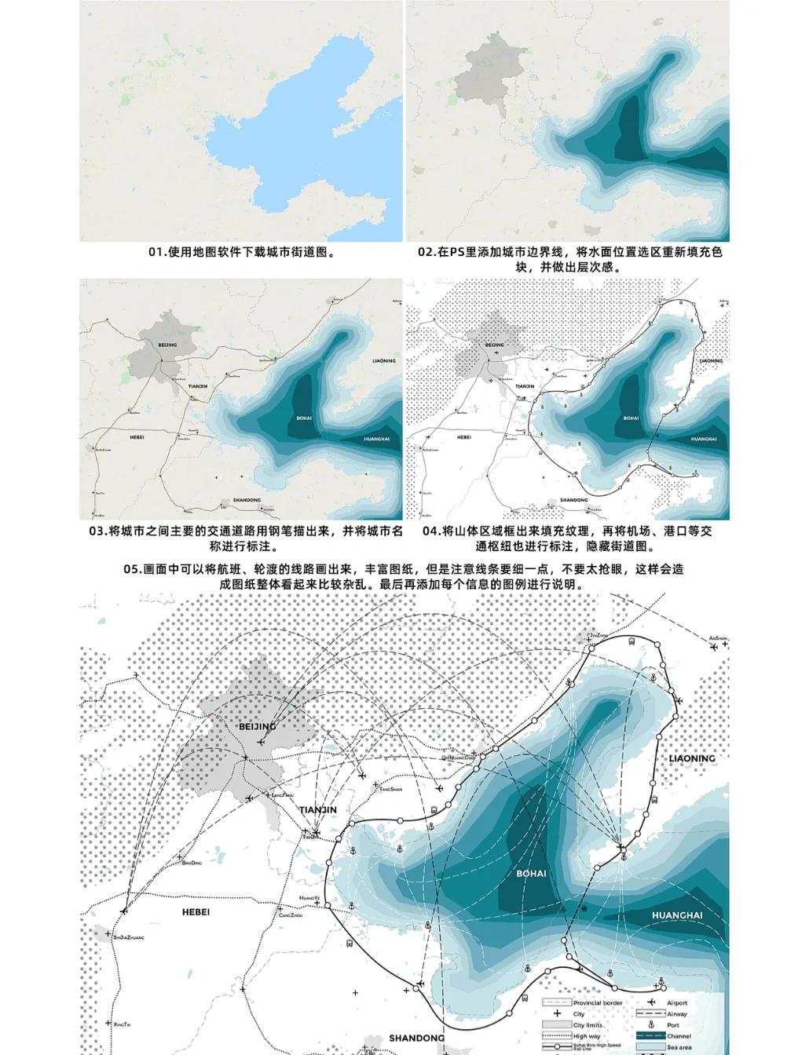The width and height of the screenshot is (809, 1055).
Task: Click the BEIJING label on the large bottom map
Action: [257, 726]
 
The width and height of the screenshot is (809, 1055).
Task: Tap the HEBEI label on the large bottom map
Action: [197, 911]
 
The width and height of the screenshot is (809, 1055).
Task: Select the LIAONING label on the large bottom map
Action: [692, 758]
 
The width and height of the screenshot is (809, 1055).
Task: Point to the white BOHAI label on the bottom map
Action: [531, 873]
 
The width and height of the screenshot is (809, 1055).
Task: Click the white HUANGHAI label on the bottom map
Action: [676, 915]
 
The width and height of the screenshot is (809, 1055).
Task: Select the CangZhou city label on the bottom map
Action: [291, 915]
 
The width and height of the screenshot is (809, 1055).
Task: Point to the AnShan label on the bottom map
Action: [719, 638]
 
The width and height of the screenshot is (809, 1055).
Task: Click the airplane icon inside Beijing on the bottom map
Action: [246, 757]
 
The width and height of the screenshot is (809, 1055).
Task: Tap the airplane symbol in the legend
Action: [651, 1002]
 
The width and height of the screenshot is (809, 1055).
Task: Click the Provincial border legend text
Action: [598, 1002]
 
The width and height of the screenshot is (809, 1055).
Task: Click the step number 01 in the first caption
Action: [157, 252]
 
